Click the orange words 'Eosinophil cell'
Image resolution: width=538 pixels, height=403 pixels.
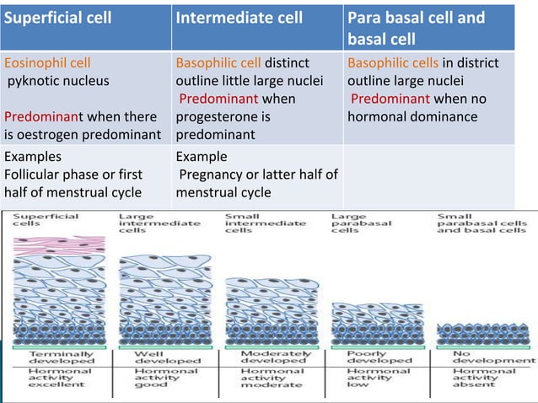tap(47, 62)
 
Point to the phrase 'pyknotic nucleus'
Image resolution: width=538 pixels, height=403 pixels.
tap(58, 81)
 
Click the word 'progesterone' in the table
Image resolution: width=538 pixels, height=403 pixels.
tap(215, 116)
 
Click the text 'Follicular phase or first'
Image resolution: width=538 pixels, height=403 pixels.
tap(73, 175)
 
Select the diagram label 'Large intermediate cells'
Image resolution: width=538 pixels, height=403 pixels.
tap(159, 223)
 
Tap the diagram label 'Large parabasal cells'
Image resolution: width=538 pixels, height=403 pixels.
tap(359, 223)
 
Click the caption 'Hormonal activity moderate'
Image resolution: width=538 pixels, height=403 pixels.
tap(271, 378)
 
